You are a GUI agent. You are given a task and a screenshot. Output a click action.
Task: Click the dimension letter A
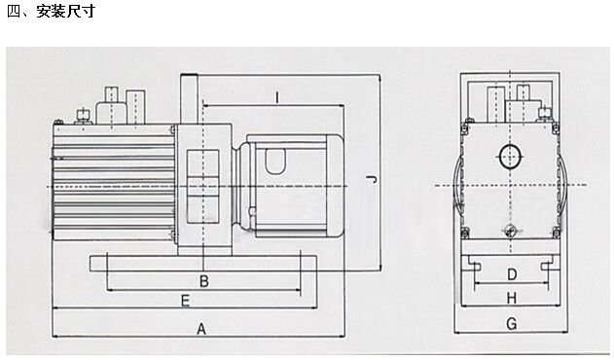point(200,329)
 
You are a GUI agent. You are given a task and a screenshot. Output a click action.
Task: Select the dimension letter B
point(204,281)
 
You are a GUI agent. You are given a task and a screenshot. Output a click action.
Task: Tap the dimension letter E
point(185,301)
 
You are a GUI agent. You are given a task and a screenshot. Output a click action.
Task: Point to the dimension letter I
point(277,97)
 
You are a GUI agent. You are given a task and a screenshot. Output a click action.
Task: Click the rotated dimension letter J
point(371,180)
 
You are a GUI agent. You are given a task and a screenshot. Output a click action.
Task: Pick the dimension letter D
point(512,274)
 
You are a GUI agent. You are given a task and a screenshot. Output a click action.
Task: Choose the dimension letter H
point(512,299)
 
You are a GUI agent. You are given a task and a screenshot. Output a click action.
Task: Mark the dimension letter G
point(512,324)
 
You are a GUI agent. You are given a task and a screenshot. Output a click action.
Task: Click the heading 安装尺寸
point(66,11)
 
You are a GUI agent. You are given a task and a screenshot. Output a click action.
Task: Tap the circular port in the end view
point(510,157)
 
